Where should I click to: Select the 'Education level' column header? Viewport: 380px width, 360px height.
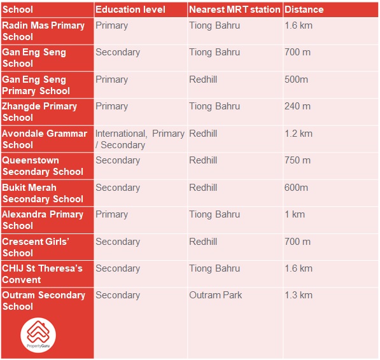(130, 10)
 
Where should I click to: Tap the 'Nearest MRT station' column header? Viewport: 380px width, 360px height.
(234, 10)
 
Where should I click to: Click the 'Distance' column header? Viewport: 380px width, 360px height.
(304, 10)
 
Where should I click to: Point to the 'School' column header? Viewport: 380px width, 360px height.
(18, 10)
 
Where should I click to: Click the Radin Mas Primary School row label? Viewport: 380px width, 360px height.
(43, 31)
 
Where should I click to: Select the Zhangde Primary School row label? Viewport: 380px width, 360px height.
(39, 112)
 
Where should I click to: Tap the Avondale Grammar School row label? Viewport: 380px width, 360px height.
(45, 139)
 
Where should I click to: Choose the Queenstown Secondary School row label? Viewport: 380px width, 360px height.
(43, 166)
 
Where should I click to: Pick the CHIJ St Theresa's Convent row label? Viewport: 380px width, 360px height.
(42, 274)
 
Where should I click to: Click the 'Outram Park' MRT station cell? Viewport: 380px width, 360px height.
(215, 295)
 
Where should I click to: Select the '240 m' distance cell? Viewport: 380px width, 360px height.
(297, 106)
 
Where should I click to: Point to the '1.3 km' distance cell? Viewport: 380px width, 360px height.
(299, 295)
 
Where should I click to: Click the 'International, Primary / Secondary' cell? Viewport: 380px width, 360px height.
(139, 139)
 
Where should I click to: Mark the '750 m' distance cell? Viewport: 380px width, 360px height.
(297, 160)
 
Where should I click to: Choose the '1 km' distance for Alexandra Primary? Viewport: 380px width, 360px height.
(295, 214)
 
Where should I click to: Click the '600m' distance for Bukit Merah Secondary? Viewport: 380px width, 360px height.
(296, 188)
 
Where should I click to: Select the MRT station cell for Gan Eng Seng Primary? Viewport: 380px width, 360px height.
(203, 80)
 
